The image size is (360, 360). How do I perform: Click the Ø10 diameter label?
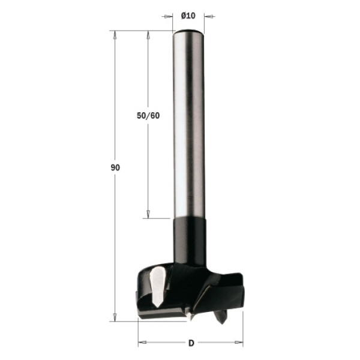(188, 16)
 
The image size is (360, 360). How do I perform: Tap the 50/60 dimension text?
(148, 115)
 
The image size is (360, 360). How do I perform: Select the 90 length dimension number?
(115, 167)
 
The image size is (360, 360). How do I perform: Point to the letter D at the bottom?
(191, 343)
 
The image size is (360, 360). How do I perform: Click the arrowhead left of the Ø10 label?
(169, 17)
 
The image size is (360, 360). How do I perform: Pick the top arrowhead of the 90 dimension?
(115, 35)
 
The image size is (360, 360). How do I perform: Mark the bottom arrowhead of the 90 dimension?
(115, 317)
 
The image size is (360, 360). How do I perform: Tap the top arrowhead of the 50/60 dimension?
(148, 35)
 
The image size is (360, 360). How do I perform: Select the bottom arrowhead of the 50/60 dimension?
(148, 214)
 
